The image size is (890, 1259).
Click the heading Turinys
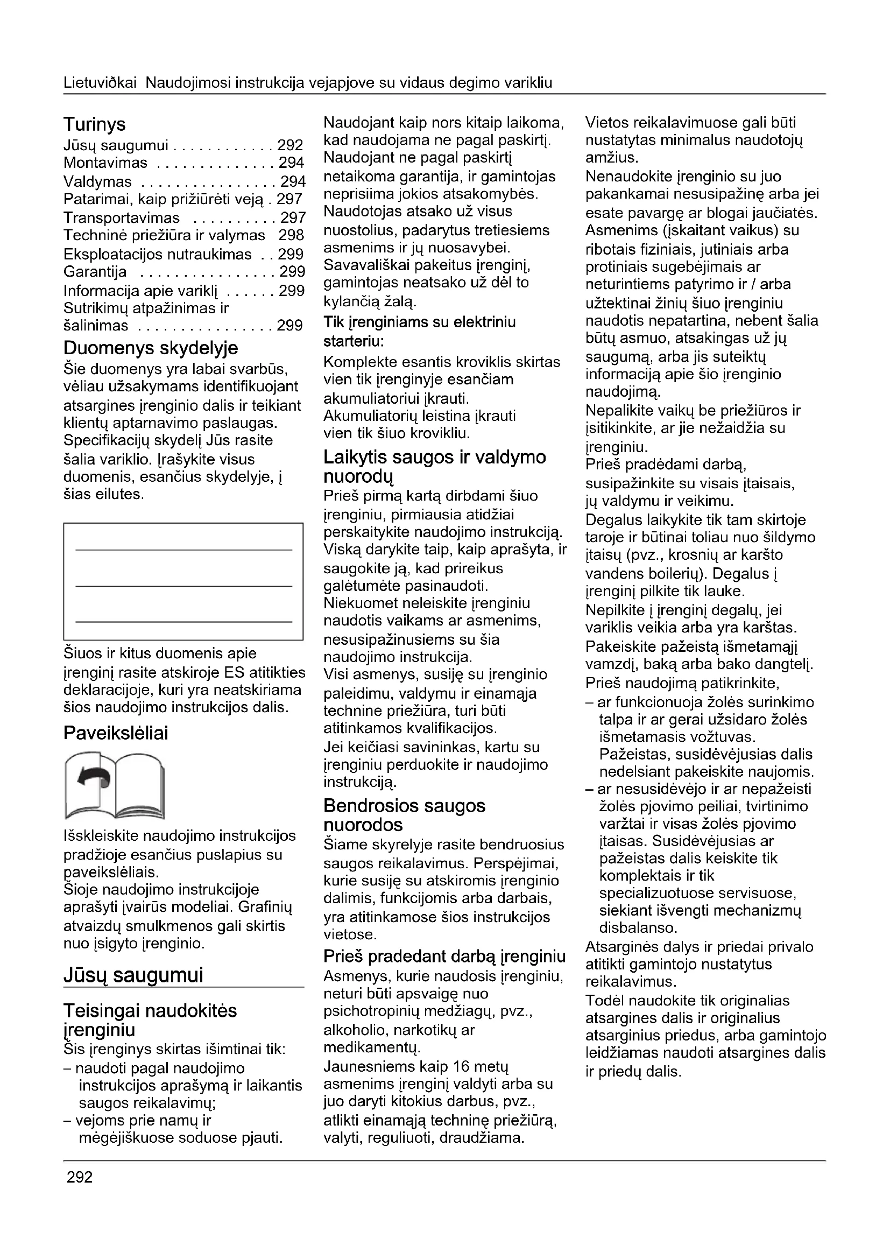click(x=94, y=124)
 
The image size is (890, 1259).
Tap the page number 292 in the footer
click(x=80, y=1177)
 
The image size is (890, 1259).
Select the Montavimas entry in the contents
click(x=105, y=163)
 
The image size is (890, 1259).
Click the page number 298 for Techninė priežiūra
click(x=291, y=235)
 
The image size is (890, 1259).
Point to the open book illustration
click(x=114, y=785)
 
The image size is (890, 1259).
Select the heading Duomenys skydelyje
click(x=151, y=348)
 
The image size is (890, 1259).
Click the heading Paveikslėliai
click(x=116, y=733)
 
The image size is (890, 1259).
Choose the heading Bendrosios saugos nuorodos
click(x=405, y=815)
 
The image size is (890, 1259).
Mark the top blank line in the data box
click(x=183, y=550)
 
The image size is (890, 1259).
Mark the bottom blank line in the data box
click(x=183, y=622)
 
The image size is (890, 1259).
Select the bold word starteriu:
click(x=354, y=341)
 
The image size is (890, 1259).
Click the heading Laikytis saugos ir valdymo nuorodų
click(x=435, y=466)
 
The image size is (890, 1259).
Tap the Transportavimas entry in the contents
click(x=122, y=217)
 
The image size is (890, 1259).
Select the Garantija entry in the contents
click(x=95, y=272)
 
